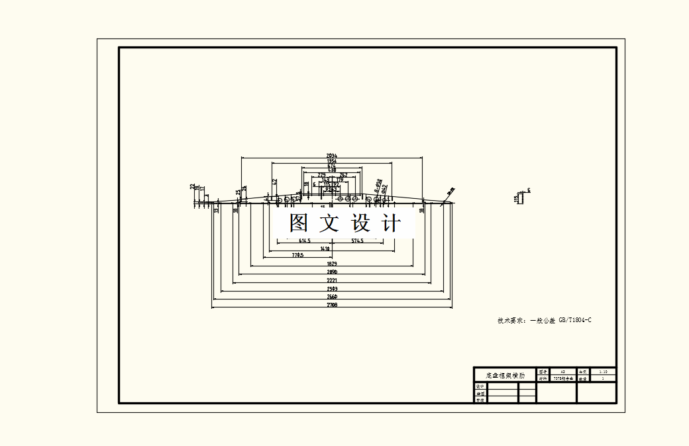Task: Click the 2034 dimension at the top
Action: [x=332, y=156]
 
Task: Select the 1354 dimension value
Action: [x=332, y=161]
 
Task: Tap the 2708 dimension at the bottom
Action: [x=332, y=306]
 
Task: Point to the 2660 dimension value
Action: [x=332, y=297]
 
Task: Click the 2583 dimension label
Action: [x=332, y=289]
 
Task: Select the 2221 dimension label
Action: [x=332, y=280]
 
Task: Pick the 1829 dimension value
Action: [x=332, y=264]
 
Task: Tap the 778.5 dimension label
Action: [x=297, y=255]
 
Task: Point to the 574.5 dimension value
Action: [x=357, y=241]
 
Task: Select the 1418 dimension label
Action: [x=325, y=249]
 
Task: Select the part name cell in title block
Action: [x=505, y=375]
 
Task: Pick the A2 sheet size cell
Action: [x=562, y=372]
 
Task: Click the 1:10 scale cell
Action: [x=602, y=372]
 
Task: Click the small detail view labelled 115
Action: [x=522, y=197]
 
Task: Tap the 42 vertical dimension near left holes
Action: [x=274, y=181]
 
